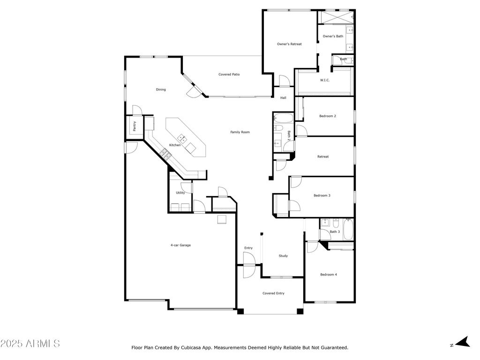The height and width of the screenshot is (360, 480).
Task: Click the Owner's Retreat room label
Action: coord(289,44)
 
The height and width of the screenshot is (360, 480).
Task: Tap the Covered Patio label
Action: coord(229,75)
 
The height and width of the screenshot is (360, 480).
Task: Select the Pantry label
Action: coord(135,126)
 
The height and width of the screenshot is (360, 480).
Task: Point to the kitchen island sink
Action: coord(182,139)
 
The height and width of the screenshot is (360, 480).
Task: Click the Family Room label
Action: coord(240,132)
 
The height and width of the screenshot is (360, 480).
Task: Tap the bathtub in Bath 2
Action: coord(284,118)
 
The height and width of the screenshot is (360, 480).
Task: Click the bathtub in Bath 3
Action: coord(348,229)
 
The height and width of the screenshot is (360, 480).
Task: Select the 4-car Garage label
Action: coord(180,245)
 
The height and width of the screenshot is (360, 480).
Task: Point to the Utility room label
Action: coord(180,193)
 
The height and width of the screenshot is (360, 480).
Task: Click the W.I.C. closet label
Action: coord(325,80)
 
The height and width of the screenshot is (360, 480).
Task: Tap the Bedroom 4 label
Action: coord(329,275)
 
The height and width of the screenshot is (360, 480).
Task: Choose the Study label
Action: coord(283,256)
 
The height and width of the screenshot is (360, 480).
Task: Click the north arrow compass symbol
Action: coord(463,342)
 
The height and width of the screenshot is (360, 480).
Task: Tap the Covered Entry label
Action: coord(273,293)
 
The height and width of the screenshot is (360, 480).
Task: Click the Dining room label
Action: coord(161,90)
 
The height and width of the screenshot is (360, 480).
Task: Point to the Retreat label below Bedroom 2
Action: coord(323,157)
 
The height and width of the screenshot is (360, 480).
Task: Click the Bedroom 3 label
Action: coord(322,195)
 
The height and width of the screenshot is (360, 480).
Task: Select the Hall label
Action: coord(283,98)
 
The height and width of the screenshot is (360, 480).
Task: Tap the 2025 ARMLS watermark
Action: coord(30,344)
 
